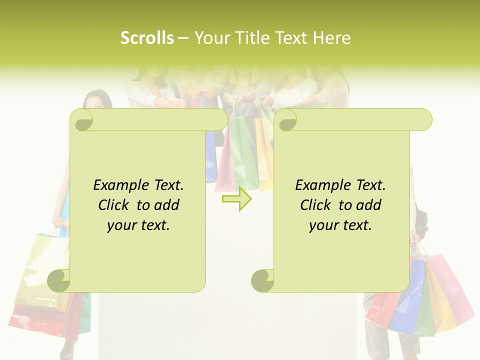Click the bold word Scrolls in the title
147,38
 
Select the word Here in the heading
331,38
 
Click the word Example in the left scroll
120,185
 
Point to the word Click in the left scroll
114,205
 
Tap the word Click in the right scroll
316,205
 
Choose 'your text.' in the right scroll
340,225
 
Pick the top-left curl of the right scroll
287,120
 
